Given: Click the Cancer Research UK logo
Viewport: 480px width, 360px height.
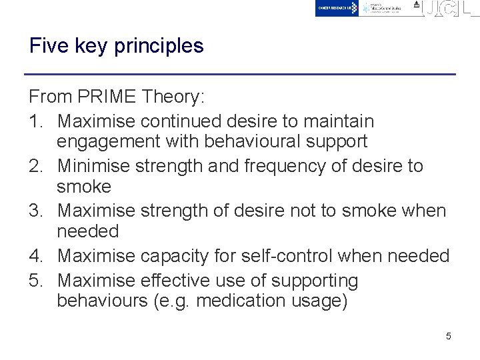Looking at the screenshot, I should pyautogui.click(x=337, y=8).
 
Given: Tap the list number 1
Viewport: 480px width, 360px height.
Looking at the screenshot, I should pyautogui.click(x=35, y=121).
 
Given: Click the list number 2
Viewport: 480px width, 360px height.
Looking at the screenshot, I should pyautogui.click(x=35, y=166).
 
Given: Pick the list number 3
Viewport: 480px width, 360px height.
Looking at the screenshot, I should pyautogui.click(x=35, y=211).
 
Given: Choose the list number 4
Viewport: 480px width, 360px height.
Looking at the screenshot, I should pyautogui.click(x=35, y=256).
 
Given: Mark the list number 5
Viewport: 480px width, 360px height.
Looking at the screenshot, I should pyautogui.click(x=35, y=281).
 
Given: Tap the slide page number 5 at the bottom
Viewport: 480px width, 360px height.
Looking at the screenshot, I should pyautogui.click(x=449, y=336).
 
